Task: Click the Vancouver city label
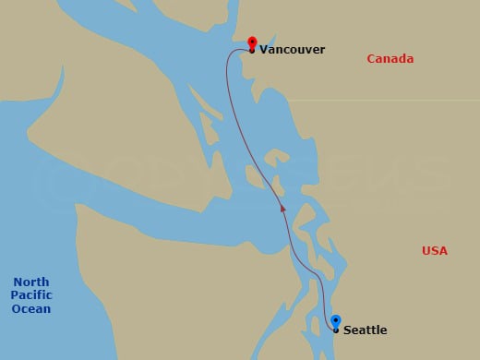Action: (293, 50)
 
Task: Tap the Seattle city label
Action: (365, 330)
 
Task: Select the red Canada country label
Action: (390, 59)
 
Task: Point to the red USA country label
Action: (434, 251)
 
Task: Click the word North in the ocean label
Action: (31, 282)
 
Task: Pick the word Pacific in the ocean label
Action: (31, 295)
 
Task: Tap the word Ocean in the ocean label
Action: (31, 308)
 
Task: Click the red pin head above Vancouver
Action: (252, 42)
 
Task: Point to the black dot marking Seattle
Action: (335, 330)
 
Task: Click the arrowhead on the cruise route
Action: (283, 210)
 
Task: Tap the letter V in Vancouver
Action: (264, 50)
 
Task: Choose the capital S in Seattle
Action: (347, 330)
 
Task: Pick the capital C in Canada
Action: (371, 59)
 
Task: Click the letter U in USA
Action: (426, 251)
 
